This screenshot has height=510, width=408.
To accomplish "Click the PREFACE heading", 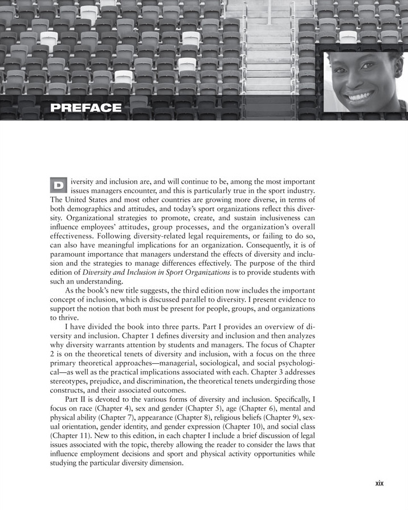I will [x=85, y=108].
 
